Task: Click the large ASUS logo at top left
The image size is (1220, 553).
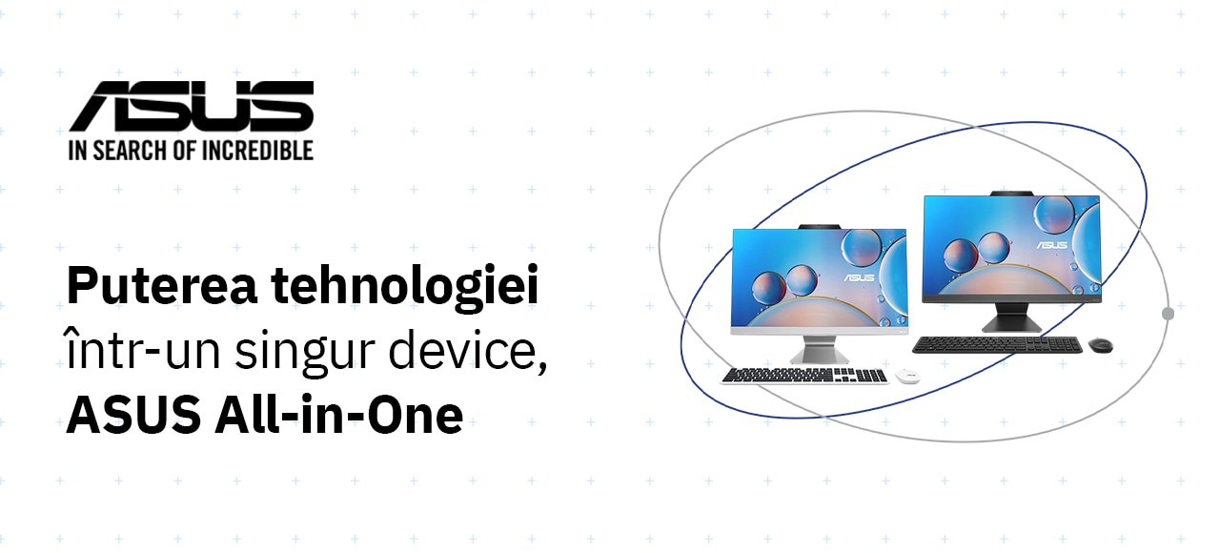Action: [x=192, y=106]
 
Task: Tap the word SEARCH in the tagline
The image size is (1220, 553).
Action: [x=119, y=151]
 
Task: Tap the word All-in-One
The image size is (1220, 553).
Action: [x=339, y=415]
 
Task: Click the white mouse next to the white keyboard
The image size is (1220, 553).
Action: [x=906, y=376]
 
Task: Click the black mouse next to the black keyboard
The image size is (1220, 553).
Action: [x=1100, y=345]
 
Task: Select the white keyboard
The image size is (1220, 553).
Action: [x=805, y=376]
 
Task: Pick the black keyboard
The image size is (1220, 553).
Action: [x=997, y=345]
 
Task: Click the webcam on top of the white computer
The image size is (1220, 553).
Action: [x=819, y=227]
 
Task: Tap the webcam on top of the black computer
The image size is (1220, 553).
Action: [x=1012, y=194]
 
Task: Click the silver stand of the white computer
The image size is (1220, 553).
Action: [x=819, y=349]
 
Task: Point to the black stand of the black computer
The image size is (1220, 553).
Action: [x=1012, y=317]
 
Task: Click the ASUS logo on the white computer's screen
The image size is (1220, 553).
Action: [x=859, y=277]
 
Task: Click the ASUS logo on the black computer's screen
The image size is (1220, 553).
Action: [x=1051, y=245]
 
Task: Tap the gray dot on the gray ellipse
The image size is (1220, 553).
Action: [x=1168, y=314]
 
